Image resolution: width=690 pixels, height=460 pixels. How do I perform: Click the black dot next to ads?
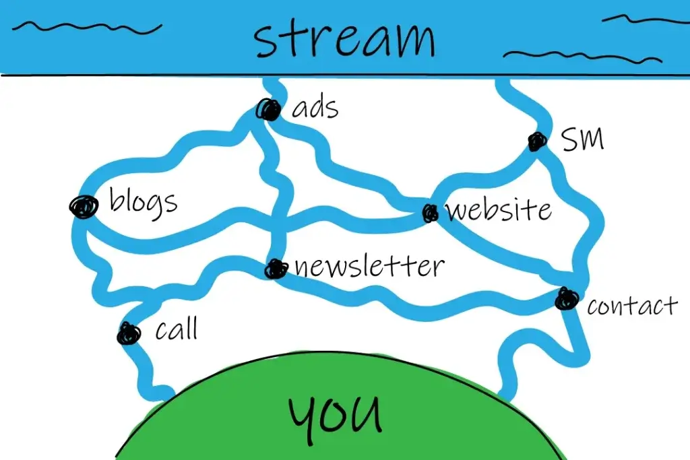point(268,109)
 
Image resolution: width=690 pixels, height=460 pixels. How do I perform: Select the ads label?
point(315,107)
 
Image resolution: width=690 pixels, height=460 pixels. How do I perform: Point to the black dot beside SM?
point(537,141)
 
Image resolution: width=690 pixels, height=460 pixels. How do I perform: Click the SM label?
point(583,139)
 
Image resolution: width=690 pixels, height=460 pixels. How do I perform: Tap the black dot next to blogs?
point(83,206)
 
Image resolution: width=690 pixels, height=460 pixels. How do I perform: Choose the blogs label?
point(143,201)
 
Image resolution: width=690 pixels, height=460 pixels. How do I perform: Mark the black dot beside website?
point(430,213)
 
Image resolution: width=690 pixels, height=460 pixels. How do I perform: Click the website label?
point(499,209)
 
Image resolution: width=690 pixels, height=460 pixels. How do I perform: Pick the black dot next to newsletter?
point(275,269)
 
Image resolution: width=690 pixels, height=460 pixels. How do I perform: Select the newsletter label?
point(369,266)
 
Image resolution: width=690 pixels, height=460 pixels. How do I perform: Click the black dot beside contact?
point(567,298)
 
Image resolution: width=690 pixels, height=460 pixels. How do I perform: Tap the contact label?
point(631,306)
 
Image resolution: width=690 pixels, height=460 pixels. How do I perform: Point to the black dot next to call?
point(128,333)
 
